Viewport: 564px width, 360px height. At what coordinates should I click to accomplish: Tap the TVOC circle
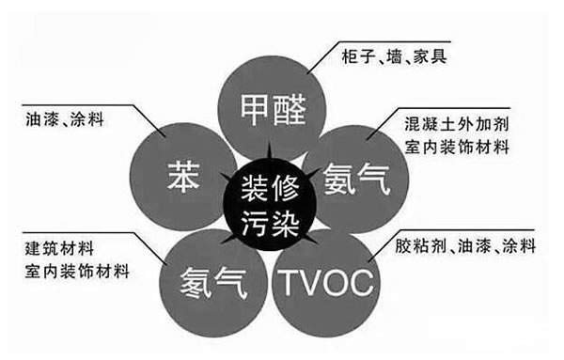coord(324,278)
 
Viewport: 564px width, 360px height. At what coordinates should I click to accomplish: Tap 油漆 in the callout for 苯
coord(37,120)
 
